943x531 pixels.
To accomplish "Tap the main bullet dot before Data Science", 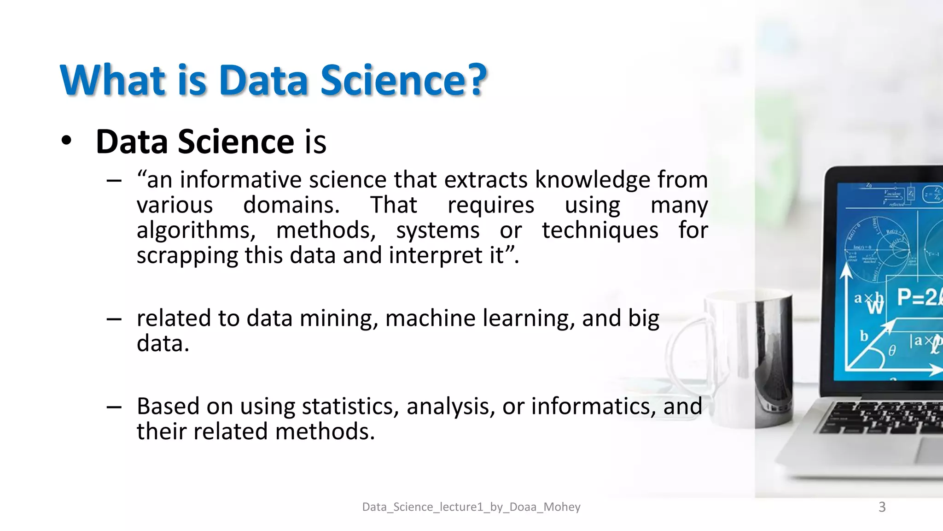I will (67, 141).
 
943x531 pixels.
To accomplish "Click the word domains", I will (291, 205).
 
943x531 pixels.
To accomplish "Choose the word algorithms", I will (196, 230).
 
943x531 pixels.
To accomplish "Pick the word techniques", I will (600, 230).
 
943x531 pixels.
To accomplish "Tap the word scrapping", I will (186, 256).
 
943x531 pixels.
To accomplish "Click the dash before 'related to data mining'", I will (114, 319).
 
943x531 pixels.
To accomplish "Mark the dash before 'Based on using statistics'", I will (114, 407).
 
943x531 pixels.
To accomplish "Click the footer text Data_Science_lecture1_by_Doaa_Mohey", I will (471, 507).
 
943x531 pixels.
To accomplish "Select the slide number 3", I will (882, 507).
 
